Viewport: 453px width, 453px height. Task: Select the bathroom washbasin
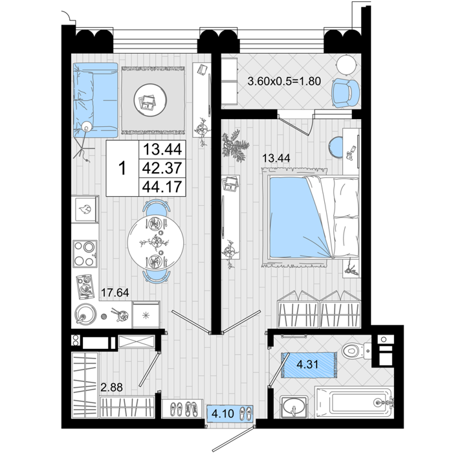click(294, 406)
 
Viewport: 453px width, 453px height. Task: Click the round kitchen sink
click(85, 314)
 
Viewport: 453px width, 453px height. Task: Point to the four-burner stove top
click(85, 254)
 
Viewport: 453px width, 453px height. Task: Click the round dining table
click(156, 242)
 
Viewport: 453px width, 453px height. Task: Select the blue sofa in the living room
click(96, 100)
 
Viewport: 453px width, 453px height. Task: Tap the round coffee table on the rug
click(150, 100)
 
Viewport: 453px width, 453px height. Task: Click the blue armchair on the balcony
click(346, 93)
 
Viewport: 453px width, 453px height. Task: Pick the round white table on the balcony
click(347, 65)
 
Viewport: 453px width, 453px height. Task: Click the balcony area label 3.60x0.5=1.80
click(284, 81)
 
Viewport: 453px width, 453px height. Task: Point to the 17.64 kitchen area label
click(115, 293)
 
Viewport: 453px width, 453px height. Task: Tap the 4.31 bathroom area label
click(307, 364)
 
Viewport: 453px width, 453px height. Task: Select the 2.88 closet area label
click(111, 387)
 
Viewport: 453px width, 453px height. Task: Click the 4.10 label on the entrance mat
click(223, 414)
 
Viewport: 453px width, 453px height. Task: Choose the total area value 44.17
click(162, 186)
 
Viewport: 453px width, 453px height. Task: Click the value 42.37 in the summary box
click(162, 168)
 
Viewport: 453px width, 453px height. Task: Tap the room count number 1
click(123, 168)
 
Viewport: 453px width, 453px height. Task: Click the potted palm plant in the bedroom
click(234, 146)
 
